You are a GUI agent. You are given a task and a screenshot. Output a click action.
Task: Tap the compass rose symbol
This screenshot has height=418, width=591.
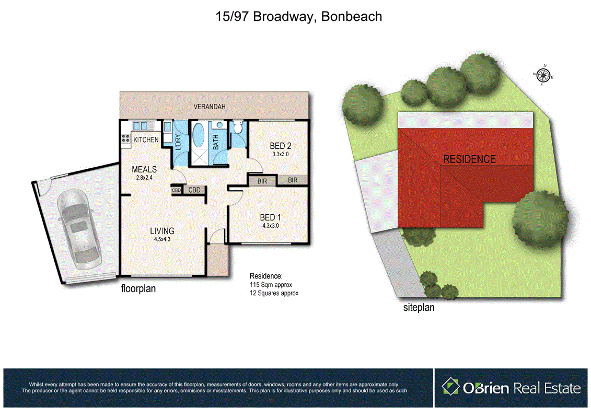(x=543, y=76)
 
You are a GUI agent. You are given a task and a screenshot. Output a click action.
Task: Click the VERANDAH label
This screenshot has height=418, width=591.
(x=210, y=107)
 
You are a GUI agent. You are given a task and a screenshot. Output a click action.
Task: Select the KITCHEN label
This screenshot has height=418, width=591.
(x=146, y=140)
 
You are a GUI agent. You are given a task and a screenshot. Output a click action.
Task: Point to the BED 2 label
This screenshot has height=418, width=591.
(x=280, y=146)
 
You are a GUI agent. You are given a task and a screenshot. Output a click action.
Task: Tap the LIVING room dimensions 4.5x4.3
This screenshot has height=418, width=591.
(x=163, y=239)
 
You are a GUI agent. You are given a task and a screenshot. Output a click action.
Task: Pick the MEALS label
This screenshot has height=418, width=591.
(x=144, y=169)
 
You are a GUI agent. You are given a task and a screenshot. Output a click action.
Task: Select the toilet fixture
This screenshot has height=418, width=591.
(x=238, y=128)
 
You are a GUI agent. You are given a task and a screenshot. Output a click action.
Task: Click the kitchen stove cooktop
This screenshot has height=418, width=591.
(x=125, y=138)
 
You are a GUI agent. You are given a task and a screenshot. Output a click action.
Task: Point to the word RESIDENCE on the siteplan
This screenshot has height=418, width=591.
(x=469, y=159)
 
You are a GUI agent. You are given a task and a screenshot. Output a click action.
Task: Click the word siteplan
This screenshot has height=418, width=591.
(x=419, y=308)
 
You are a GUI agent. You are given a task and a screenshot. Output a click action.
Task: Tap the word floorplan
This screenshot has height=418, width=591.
(x=138, y=288)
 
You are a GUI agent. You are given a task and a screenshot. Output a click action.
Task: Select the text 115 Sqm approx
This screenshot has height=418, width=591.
(x=271, y=285)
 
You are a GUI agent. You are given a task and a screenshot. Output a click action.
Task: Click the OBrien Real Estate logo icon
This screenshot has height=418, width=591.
(x=450, y=387)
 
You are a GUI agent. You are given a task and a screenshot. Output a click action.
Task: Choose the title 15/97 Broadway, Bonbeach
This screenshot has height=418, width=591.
(x=299, y=16)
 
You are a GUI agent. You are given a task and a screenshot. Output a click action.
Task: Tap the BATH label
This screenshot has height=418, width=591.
(x=216, y=142)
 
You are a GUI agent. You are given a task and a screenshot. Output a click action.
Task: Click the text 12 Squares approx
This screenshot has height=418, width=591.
(x=274, y=293)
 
